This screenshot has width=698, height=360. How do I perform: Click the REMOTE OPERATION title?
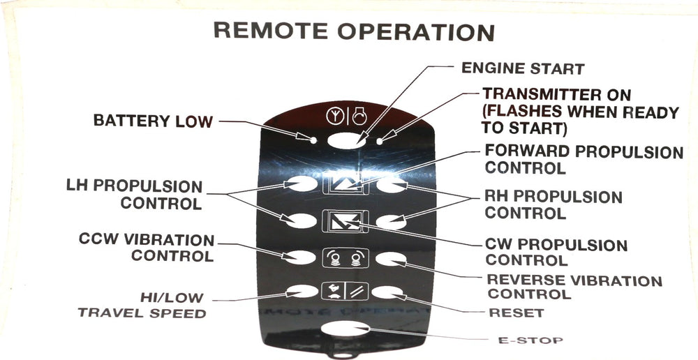click(x=353, y=31)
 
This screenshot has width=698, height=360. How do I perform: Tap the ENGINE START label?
click(x=523, y=69)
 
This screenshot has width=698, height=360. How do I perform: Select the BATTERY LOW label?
click(x=153, y=121)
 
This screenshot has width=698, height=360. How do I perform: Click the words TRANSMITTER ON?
click(x=556, y=94)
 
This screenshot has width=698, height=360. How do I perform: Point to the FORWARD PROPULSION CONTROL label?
click(x=584, y=159)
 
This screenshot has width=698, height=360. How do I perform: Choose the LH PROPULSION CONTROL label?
click(x=134, y=195)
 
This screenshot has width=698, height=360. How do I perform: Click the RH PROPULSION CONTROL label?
click(x=553, y=204)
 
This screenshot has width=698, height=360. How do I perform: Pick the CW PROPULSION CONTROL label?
click(x=556, y=253)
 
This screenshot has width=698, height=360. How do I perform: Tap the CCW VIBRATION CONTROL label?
click(x=147, y=248)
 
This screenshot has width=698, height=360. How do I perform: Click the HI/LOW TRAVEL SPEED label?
click(x=142, y=305)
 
